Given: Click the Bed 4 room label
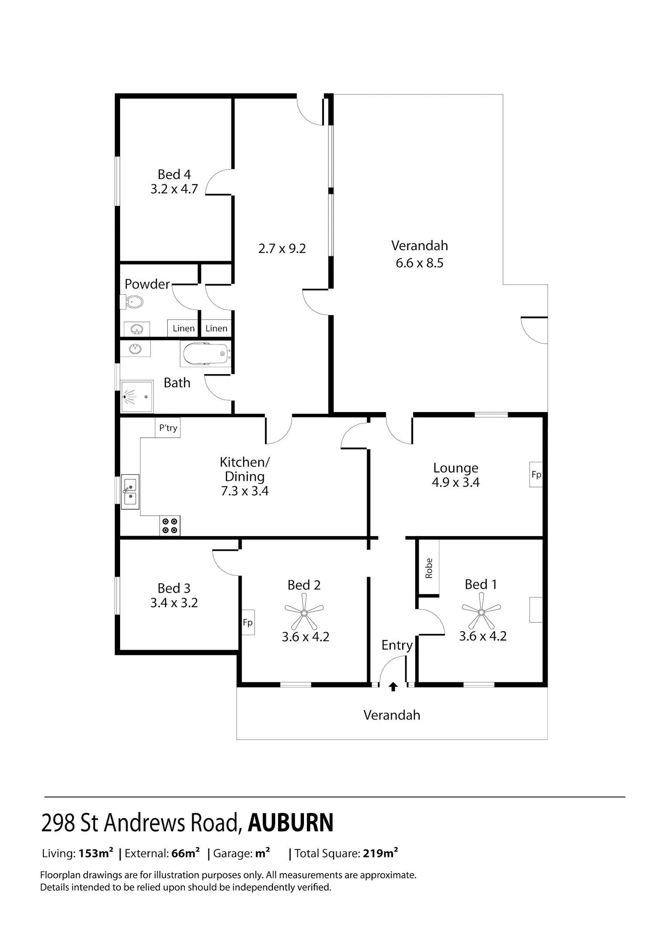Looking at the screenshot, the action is (x=174, y=175).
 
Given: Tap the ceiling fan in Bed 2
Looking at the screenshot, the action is (x=304, y=613).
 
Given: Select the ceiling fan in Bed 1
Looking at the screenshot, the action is (x=481, y=612).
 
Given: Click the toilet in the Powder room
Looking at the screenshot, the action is (x=132, y=302).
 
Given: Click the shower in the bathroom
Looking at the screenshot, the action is (x=137, y=396).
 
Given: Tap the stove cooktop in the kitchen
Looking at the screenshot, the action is (x=170, y=526).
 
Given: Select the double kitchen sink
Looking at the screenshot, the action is (x=130, y=492).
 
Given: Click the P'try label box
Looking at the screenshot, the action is (x=168, y=428).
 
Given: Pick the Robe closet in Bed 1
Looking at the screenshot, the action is (x=429, y=568).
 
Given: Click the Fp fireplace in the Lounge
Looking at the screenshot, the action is (x=536, y=475).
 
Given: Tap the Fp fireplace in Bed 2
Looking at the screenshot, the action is (x=248, y=622).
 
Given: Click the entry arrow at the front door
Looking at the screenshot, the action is (x=393, y=687).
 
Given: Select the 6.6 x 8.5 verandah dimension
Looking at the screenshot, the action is (x=420, y=263).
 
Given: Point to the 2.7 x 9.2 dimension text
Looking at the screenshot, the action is (x=282, y=249).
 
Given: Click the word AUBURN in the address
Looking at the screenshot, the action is (x=291, y=823).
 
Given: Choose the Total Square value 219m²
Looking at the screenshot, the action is (x=380, y=853).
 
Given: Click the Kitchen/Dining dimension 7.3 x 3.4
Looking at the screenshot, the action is (x=245, y=491).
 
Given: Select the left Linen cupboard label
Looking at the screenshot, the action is (x=183, y=328).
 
